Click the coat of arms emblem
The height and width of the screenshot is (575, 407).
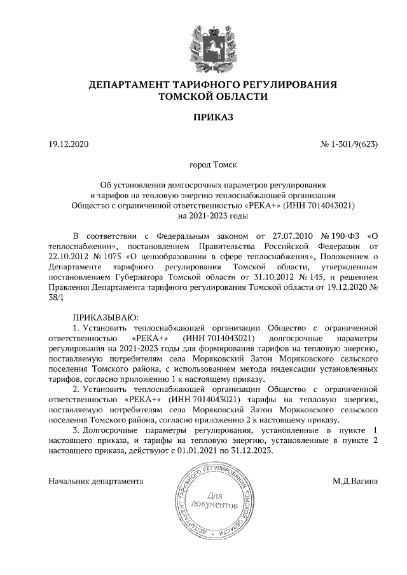(x=203, y=42)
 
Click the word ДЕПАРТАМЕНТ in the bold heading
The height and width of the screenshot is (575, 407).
(x=130, y=85)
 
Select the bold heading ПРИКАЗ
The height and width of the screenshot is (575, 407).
(x=203, y=119)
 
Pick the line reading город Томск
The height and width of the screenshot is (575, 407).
(x=203, y=167)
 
